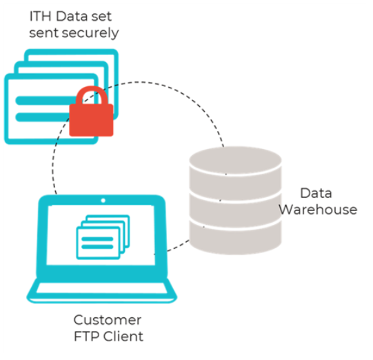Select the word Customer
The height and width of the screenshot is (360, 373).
[x=108, y=321]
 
